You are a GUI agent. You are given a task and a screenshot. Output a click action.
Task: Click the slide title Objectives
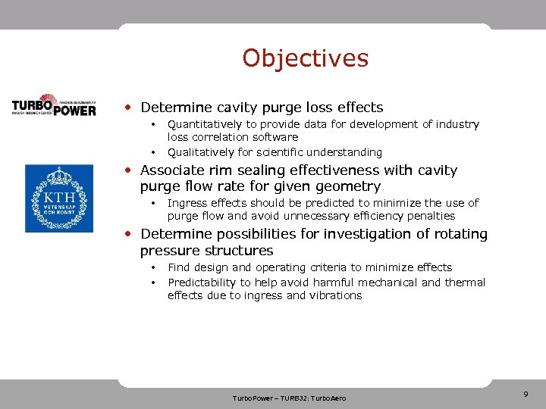coord(305,58)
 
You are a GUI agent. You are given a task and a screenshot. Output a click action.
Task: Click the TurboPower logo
coord(54,105)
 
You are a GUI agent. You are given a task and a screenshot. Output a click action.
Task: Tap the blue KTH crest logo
coord(58,198)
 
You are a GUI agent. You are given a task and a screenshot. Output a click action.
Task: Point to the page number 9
coord(526,394)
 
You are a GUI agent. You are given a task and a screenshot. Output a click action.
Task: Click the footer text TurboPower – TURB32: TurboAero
coord(289,398)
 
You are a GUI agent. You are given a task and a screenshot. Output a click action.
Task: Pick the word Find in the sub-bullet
coord(179,267)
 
